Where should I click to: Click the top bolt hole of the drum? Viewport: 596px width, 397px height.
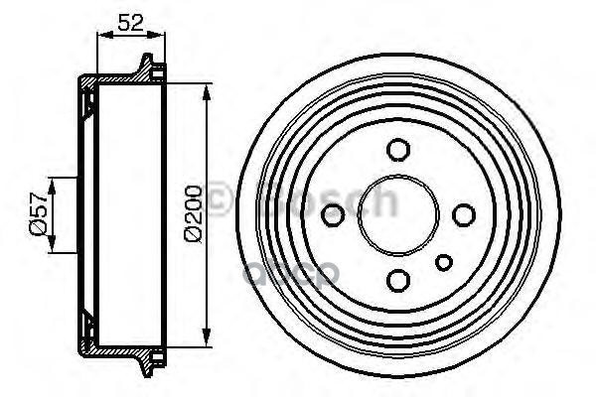(397, 150)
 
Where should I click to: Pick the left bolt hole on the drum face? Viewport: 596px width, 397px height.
(334, 213)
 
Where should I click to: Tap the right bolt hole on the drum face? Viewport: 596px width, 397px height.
(462, 213)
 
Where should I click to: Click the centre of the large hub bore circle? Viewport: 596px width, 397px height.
(397, 213)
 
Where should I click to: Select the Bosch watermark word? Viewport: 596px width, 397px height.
(328, 203)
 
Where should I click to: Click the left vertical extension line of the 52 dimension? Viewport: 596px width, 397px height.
(96, 55)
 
